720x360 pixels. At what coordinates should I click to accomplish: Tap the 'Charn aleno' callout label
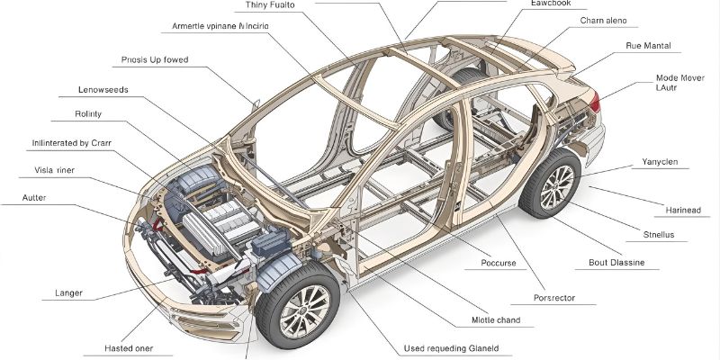pyautogui.click(x=603, y=21)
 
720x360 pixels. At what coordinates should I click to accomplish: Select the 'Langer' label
pyautogui.click(x=69, y=292)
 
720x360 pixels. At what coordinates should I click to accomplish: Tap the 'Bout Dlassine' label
pyautogui.click(x=616, y=264)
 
